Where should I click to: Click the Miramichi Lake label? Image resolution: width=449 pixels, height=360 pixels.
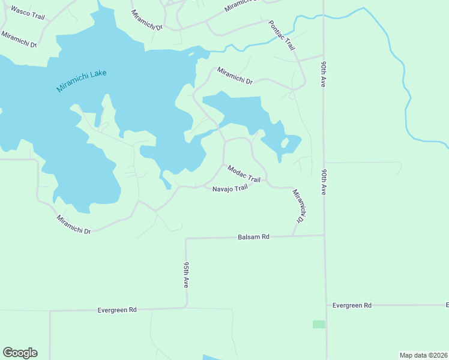pos(81,81)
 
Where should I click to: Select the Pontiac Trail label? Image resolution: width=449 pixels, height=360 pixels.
pos(282,35)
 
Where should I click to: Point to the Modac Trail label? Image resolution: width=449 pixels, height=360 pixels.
pos(244,175)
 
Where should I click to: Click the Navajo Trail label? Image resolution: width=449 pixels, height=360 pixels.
pos(230,189)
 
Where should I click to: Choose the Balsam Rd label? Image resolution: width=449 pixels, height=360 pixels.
pos(254,238)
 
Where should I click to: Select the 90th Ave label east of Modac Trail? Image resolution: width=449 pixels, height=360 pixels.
pos(324,181)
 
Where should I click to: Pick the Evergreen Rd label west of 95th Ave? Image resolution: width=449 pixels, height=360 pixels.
pos(117,310)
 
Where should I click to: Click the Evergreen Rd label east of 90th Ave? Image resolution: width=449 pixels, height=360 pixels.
pos(352,305)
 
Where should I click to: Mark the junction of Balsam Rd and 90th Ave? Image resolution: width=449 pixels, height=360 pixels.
pos(324,235)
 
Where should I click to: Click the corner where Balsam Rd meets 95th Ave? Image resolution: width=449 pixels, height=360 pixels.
pos(186,239)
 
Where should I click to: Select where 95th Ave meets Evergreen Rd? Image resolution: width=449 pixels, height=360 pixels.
pos(186,308)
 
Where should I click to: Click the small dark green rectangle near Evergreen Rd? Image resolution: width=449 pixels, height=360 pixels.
pos(319,324)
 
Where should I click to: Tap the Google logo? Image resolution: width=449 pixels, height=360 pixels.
pos(20,353)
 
